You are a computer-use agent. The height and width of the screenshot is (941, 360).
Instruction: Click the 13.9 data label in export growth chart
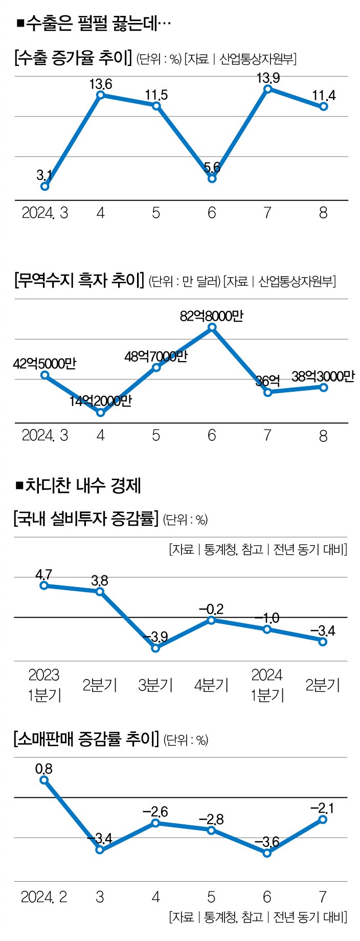tap(268, 78)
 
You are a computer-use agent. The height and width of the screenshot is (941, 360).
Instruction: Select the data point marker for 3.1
tap(45, 186)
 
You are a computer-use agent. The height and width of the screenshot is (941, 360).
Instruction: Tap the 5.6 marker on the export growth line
tap(212, 178)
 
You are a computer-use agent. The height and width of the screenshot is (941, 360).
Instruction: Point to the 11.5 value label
tap(156, 95)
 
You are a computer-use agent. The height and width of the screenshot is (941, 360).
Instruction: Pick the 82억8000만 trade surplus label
tap(211, 316)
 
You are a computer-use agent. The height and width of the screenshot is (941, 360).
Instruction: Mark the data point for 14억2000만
tap(101, 412)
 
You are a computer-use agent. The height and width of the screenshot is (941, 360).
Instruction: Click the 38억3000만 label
tap(323, 376)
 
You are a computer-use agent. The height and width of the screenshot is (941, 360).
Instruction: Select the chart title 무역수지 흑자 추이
tap(79, 280)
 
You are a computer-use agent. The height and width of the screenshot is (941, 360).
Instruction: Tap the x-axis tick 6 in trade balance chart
tap(212, 436)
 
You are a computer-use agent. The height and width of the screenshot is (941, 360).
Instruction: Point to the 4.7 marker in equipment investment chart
tap(44, 586)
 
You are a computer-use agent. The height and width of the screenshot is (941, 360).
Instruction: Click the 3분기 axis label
tap(155, 685)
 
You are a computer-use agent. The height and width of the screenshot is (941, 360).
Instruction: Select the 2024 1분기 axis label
tap(267, 685)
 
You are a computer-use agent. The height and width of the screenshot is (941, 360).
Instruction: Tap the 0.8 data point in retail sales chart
tap(44, 780)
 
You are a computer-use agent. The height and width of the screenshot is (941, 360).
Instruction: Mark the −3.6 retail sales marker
tap(267, 853)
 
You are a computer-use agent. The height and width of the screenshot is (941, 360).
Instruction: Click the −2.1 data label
tap(322, 808)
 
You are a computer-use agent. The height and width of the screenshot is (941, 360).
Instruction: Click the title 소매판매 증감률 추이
tap(85, 740)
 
